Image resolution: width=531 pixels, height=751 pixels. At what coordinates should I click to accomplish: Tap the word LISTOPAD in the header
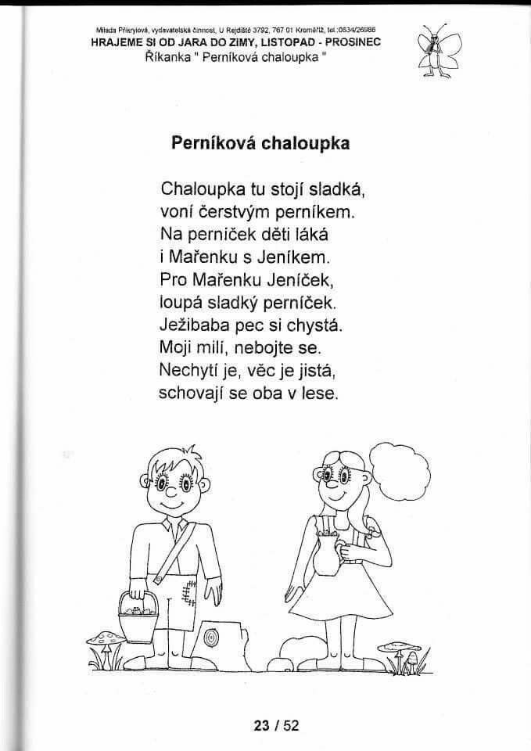[281, 43]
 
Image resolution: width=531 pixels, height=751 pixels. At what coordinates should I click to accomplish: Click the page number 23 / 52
[276, 725]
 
